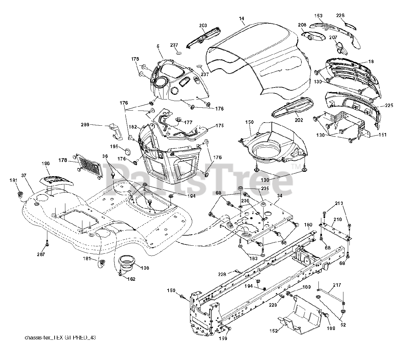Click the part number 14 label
[x=241, y=19]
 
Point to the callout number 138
[x=145, y=268]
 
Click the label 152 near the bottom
[x=273, y=331]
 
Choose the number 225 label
[x=389, y=105]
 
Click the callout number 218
[x=338, y=219]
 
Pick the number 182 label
[x=133, y=127]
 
